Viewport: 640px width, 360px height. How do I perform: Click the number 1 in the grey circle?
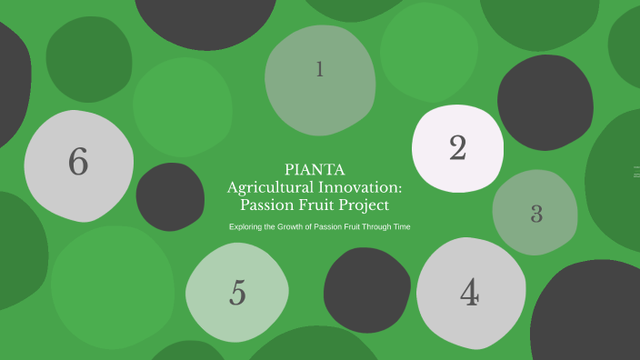(319, 69)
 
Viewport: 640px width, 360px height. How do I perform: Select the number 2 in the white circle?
(458, 147)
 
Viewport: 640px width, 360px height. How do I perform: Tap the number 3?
(536, 215)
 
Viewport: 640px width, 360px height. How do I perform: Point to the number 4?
(469, 293)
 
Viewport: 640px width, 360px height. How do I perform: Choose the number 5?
(237, 294)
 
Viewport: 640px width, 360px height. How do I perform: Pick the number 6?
(78, 162)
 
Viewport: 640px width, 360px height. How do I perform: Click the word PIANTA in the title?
(315, 168)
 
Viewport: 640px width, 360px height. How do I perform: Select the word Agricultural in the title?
(272, 186)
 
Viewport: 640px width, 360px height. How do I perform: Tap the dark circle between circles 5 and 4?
(366, 290)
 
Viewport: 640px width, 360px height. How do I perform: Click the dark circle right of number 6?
(170, 196)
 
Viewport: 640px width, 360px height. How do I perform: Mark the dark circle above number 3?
(545, 103)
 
